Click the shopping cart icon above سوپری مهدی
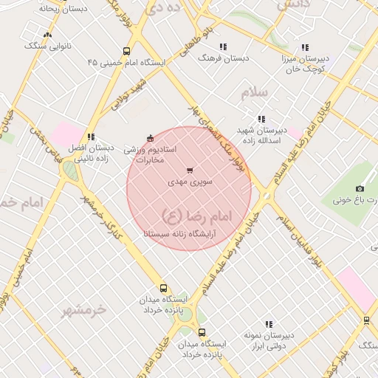[x=190, y=171]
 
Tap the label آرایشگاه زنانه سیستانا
[x=189, y=231]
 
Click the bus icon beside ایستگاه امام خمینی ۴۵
[x=127, y=52]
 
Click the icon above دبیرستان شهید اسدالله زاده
[x=261, y=119]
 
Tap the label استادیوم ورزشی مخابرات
[x=150, y=154]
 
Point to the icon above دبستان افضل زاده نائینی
[x=91, y=137]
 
